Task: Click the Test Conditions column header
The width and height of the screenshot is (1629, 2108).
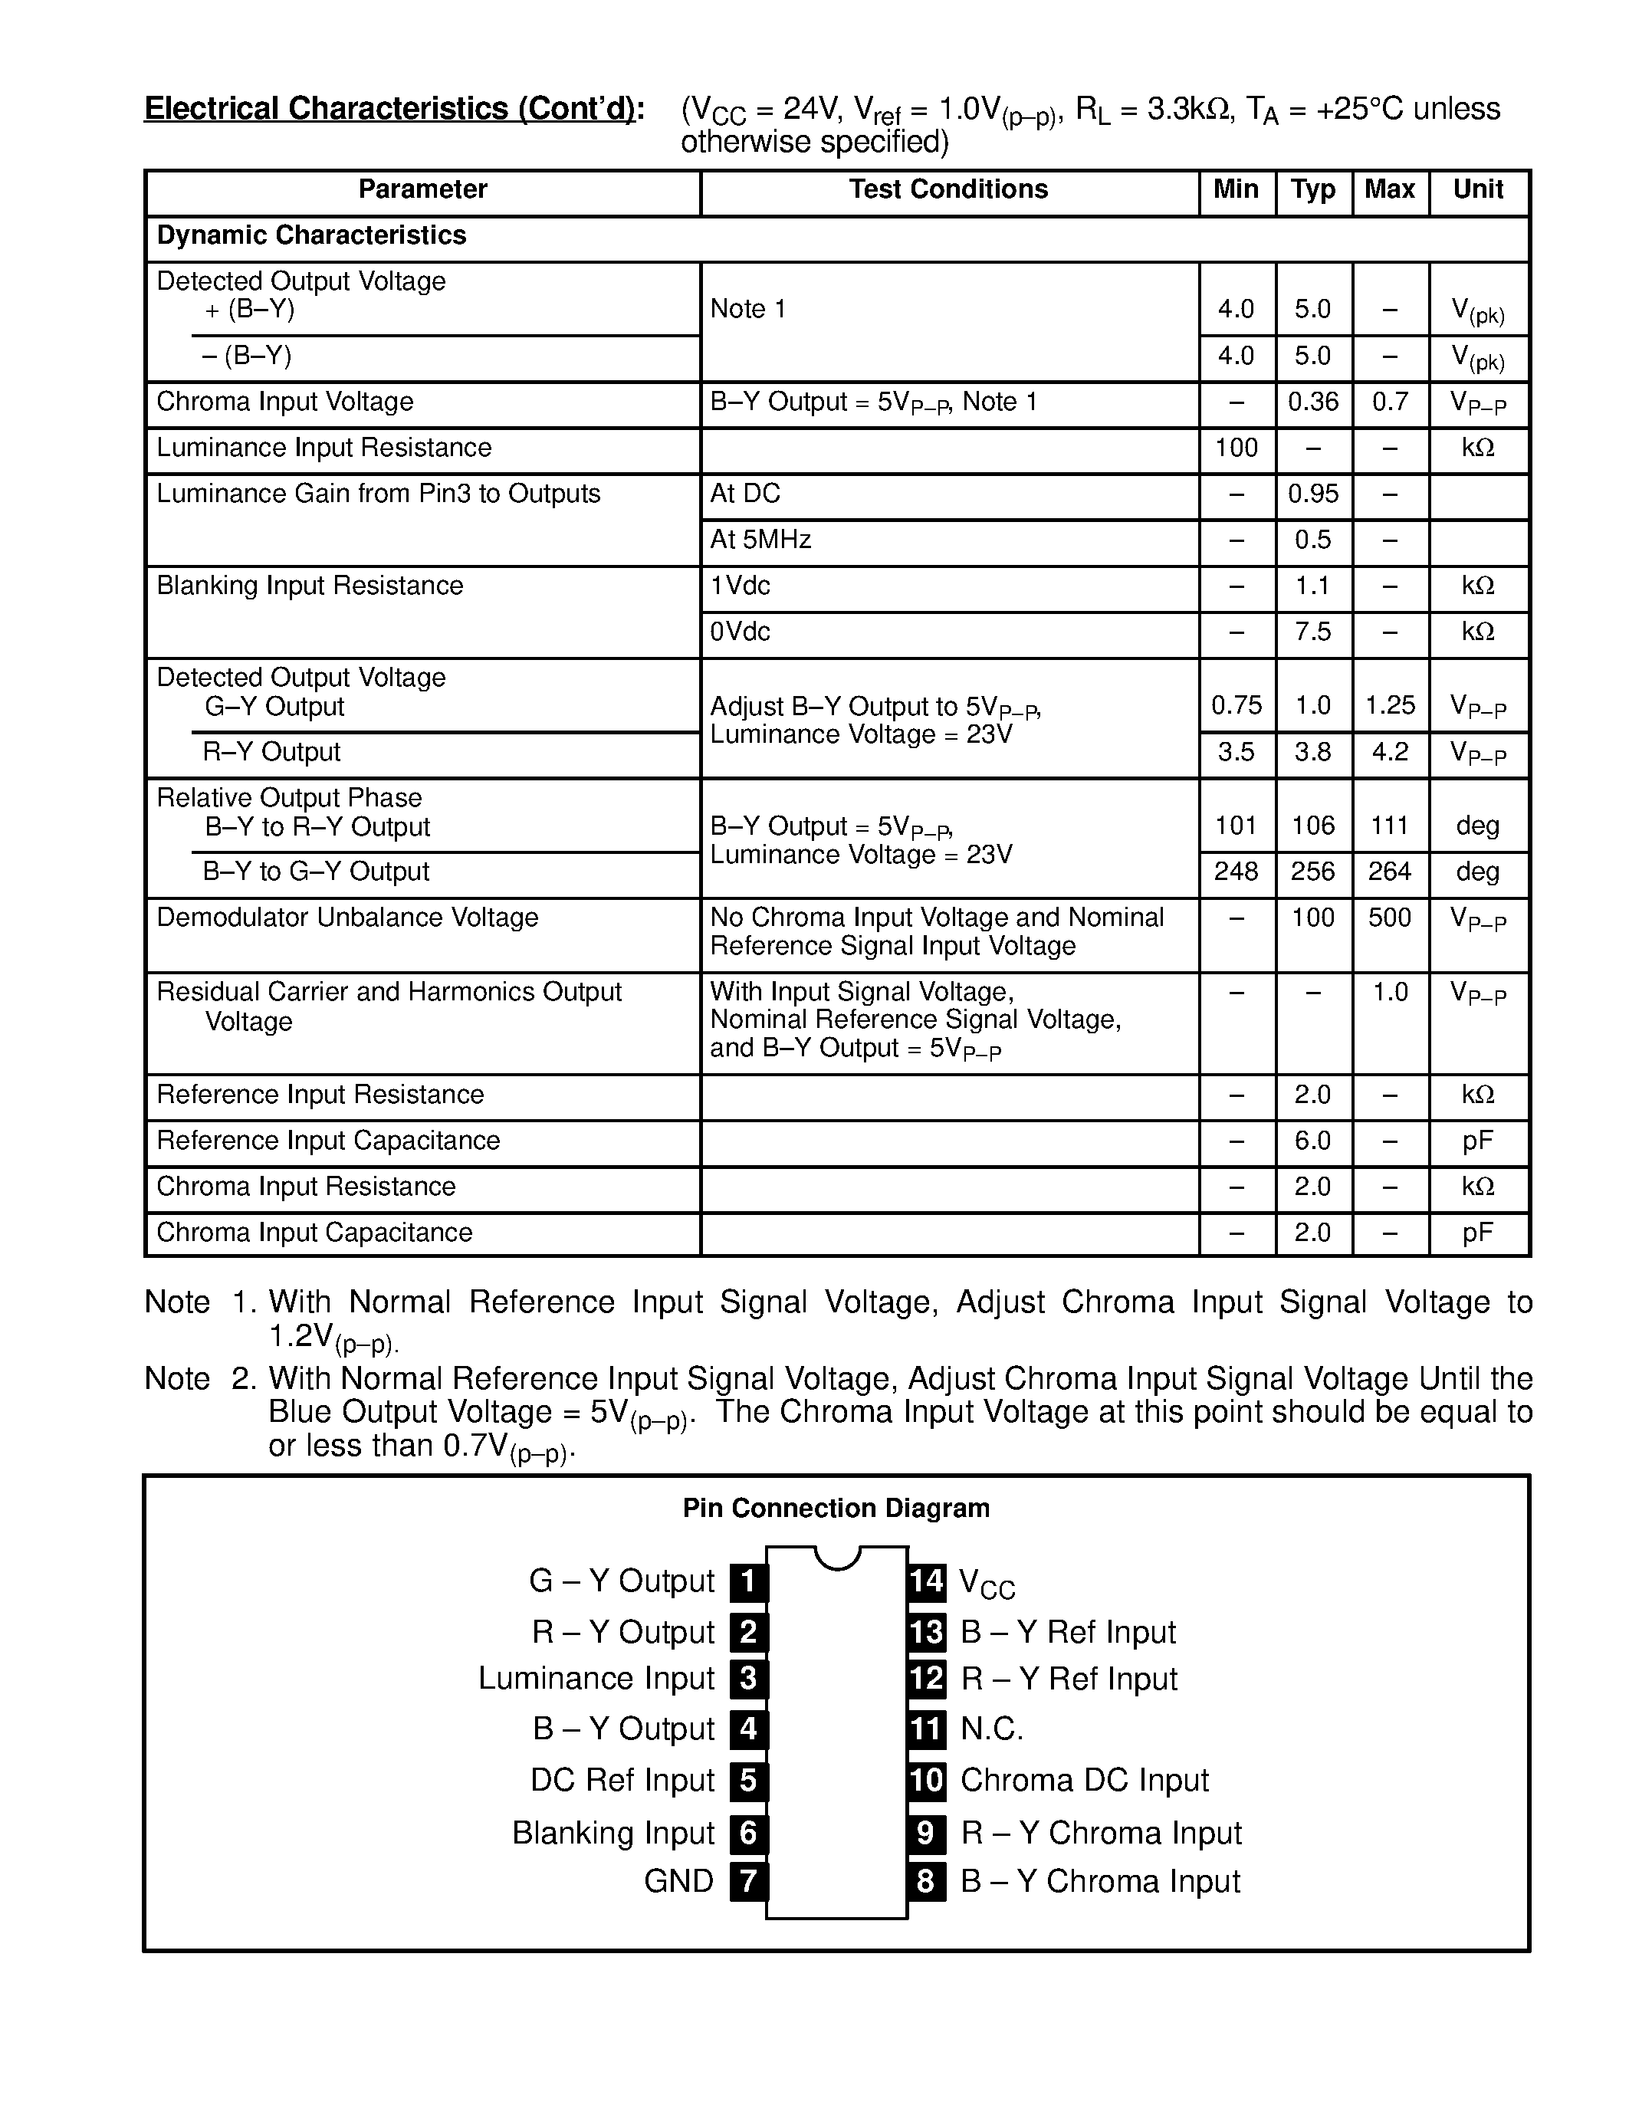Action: click(x=948, y=189)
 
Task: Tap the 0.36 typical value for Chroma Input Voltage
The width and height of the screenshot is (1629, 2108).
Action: click(x=1312, y=402)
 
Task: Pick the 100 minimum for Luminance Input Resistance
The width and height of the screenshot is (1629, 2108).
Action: click(x=1235, y=448)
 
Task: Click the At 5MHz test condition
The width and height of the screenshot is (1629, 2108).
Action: click(x=760, y=540)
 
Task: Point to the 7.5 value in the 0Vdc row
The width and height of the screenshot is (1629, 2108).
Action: click(x=1312, y=632)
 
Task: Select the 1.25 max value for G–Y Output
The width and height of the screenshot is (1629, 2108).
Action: click(x=1390, y=705)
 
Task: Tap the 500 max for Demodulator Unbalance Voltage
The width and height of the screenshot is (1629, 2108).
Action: click(x=1390, y=917)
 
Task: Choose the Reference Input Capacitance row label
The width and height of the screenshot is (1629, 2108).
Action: click(x=328, y=1141)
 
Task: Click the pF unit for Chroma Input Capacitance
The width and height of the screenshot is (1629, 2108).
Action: click(x=1477, y=1233)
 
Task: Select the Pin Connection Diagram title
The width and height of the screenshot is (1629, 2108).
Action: click(x=836, y=1509)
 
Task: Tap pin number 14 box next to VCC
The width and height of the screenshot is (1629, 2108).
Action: click(x=927, y=1581)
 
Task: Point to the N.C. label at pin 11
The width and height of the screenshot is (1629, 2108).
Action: click(x=992, y=1729)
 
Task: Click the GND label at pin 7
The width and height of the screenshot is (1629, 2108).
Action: click(x=678, y=1881)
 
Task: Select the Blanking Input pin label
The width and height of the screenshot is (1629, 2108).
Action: click(x=613, y=1833)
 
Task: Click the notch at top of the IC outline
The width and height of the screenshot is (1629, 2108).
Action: click(x=836, y=1557)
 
